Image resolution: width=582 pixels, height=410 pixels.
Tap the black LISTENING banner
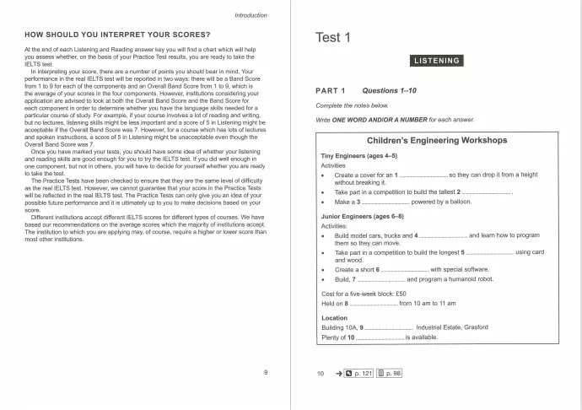click(x=435, y=61)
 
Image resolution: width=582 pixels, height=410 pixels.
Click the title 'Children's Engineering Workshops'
click(x=436, y=139)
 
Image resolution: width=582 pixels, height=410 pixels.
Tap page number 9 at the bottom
click(x=266, y=372)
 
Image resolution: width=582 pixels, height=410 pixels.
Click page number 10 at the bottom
click(x=321, y=372)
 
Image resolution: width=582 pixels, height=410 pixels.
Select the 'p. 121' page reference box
click(x=358, y=372)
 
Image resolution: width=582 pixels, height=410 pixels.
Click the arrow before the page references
click(x=338, y=372)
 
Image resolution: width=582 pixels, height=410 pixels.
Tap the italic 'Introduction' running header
click(x=251, y=15)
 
